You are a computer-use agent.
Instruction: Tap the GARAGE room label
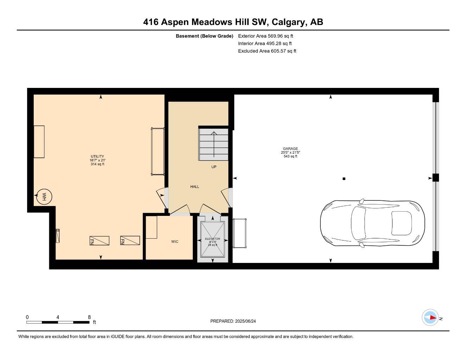click(x=290, y=149)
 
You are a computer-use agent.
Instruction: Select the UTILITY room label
click(x=97, y=156)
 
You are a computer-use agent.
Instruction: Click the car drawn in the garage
click(x=372, y=223)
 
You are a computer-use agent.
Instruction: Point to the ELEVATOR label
click(x=212, y=239)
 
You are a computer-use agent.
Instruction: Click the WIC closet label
click(x=175, y=242)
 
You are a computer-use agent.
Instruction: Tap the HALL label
click(x=194, y=187)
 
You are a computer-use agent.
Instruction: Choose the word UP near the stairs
click(x=214, y=167)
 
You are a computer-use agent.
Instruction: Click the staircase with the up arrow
click(x=214, y=144)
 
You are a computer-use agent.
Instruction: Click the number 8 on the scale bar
click(x=89, y=317)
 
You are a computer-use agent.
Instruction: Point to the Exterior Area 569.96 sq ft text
click(x=266, y=36)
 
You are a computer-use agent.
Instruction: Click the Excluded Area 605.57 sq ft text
click(x=267, y=51)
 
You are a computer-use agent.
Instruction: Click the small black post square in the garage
click(x=344, y=179)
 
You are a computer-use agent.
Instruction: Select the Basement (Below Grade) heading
click(x=204, y=36)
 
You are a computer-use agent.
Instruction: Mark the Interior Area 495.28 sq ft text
click(x=265, y=44)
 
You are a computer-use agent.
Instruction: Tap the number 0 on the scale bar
click(x=27, y=317)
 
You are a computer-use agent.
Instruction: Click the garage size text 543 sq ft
click(x=290, y=156)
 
